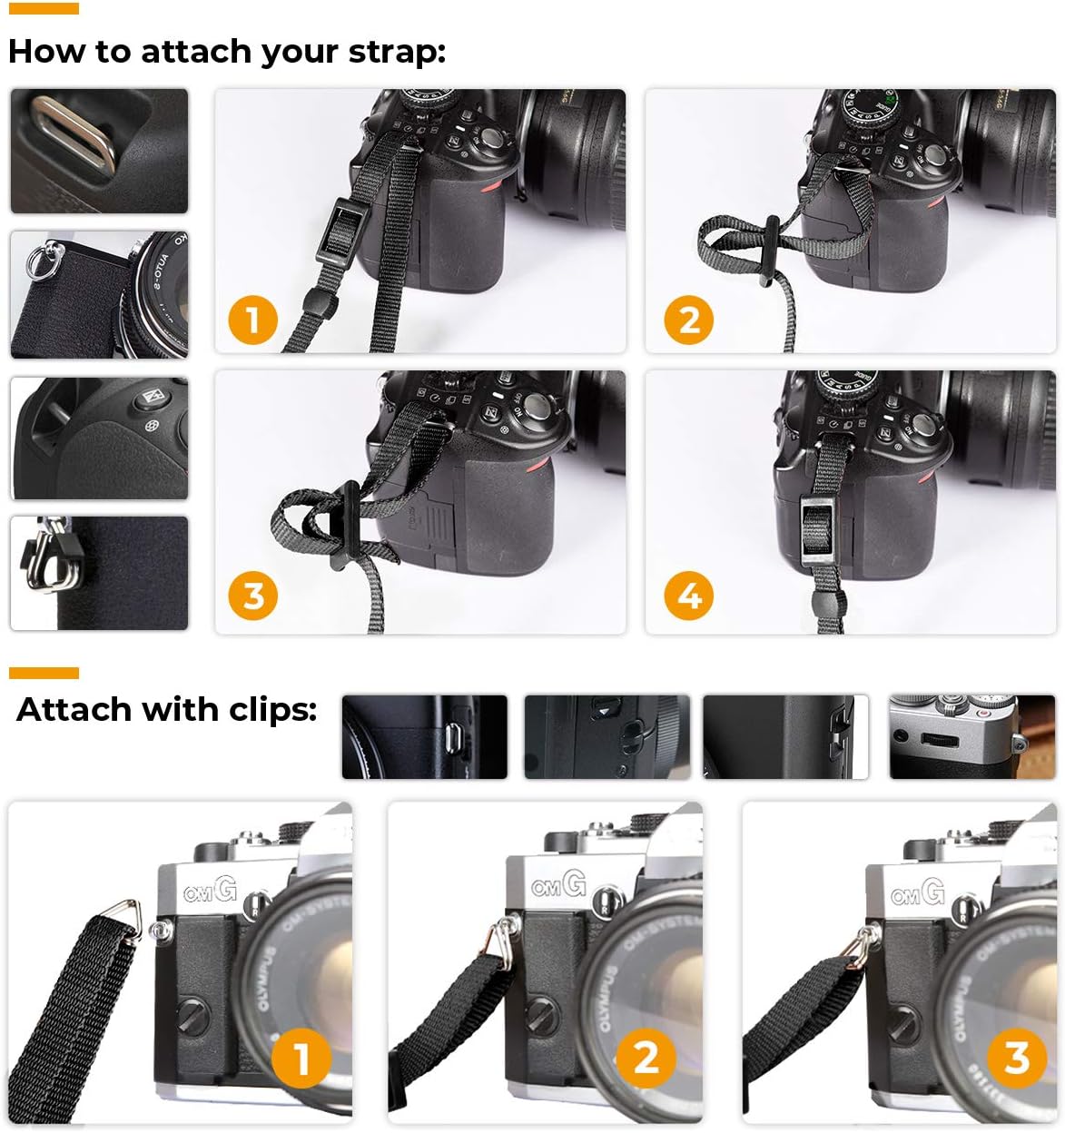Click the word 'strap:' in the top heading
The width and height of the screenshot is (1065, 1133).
(397, 52)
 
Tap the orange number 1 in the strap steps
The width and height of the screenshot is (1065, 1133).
(251, 320)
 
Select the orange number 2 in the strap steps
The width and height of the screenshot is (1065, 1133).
(689, 320)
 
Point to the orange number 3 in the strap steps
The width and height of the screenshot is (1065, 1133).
(252, 596)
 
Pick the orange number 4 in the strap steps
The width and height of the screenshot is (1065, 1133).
(689, 596)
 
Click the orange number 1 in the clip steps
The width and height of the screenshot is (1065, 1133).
(301, 1058)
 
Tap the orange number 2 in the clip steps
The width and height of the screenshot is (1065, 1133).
(646, 1058)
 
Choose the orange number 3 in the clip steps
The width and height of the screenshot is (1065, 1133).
(1017, 1058)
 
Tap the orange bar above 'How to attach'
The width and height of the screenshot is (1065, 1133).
(44, 8)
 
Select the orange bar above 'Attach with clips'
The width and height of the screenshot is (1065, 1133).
(44, 673)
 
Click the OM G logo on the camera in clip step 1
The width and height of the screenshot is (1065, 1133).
(210, 891)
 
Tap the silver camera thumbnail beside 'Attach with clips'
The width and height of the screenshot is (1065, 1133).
(971, 737)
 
